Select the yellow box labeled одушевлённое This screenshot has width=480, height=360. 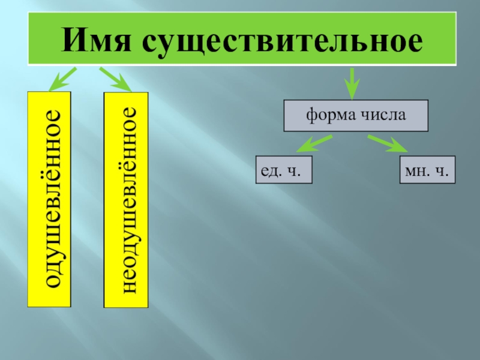coord(49,198)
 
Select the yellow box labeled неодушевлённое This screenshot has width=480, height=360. coord(126,199)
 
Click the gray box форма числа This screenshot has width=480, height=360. coord(356,116)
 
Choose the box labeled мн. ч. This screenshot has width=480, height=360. coord(427,170)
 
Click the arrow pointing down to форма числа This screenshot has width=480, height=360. coord(351,83)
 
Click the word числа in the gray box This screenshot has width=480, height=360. coord(385,115)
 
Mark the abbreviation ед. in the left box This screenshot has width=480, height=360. coord(271,170)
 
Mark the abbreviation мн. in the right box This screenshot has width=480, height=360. coord(415,170)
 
